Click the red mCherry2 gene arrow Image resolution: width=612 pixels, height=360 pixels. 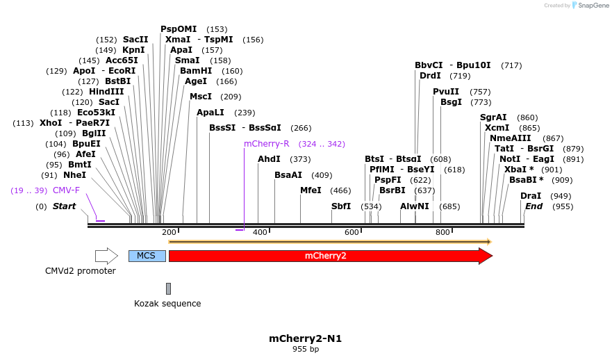(x=326, y=256)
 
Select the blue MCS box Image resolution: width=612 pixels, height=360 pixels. (x=147, y=256)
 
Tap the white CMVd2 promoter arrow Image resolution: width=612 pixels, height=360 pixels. (x=106, y=256)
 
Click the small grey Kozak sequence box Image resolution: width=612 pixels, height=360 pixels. (x=168, y=288)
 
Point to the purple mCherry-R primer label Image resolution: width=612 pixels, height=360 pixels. (x=266, y=144)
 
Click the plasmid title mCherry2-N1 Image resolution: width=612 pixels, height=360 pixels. (x=305, y=338)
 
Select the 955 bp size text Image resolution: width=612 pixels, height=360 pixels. (x=305, y=349)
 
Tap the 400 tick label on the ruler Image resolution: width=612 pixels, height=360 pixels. (x=260, y=232)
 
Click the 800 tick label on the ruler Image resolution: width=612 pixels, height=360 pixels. (x=443, y=232)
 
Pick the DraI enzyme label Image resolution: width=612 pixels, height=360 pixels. (x=531, y=196)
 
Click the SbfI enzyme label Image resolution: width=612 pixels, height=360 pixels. (x=341, y=206)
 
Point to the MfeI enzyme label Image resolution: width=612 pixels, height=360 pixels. (x=311, y=190)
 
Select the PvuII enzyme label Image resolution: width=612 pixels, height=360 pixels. (x=446, y=92)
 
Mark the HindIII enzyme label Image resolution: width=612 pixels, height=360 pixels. (x=106, y=92)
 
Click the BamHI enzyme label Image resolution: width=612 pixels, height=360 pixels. (x=196, y=71)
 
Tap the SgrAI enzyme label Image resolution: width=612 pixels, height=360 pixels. (x=493, y=117)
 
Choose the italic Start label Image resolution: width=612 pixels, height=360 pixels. (x=64, y=206)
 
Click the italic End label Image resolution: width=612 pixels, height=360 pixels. (x=534, y=206)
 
